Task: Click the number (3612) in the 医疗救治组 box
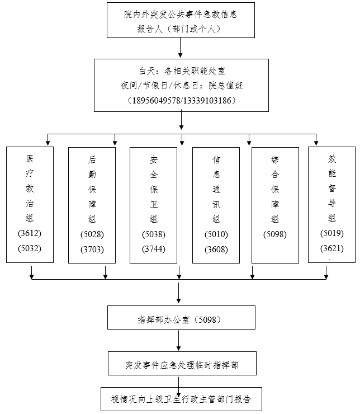click(30, 233)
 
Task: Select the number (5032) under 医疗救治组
click(30, 248)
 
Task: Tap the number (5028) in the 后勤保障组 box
click(92, 234)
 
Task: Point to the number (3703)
click(92, 249)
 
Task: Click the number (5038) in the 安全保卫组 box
click(154, 234)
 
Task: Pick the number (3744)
click(154, 249)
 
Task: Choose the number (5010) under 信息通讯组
click(216, 234)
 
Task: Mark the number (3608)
click(216, 249)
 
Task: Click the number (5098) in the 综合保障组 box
click(275, 234)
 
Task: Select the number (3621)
click(332, 247)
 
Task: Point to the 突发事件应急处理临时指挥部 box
click(182, 364)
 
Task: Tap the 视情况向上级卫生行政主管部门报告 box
click(181, 399)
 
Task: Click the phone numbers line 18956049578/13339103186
click(182, 101)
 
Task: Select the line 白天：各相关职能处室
click(182, 71)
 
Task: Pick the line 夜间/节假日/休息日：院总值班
click(182, 86)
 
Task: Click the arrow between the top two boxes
click(181, 49)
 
